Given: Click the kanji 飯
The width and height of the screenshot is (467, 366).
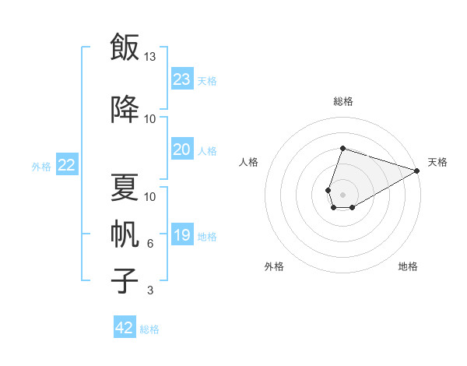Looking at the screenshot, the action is (x=125, y=47).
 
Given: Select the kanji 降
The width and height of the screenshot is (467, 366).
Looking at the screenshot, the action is (x=125, y=109).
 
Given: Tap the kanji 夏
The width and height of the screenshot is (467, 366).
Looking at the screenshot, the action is (x=125, y=187).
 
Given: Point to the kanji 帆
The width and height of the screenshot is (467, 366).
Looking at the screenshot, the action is (x=125, y=234).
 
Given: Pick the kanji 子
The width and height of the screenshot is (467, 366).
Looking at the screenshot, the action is (x=125, y=281).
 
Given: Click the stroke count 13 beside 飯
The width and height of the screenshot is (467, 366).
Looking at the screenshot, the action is (x=149, y=57).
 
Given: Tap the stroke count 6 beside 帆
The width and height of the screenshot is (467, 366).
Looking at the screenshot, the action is (x=150, y=244).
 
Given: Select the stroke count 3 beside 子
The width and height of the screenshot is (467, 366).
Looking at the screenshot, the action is (x=150, y=290).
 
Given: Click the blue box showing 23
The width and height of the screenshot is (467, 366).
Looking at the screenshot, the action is (x=182, y=79).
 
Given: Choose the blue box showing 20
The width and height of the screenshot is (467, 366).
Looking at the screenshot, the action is (x=182, y=149).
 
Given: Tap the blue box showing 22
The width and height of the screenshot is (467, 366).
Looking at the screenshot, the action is (x=67, y=164).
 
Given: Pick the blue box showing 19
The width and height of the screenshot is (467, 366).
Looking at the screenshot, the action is (x=182, y=234).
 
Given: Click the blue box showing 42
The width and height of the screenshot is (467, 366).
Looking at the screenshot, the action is (x=125, y=326).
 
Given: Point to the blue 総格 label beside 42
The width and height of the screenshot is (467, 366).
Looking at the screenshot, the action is (x=149, y=329).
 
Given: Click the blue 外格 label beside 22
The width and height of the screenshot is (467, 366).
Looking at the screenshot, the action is (x=41, y=167).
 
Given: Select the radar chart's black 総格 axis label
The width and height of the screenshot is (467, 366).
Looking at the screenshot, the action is (x=343, y=101).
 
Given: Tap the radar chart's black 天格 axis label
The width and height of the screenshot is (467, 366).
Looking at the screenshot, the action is (x=437, y=162).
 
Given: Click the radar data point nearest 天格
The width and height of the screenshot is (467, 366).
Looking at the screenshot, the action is (x=417, y=171).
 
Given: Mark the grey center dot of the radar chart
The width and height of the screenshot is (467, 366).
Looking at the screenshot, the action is (x=342, y=195).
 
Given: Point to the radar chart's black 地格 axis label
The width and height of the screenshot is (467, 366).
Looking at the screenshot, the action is (x=408, y=266).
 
